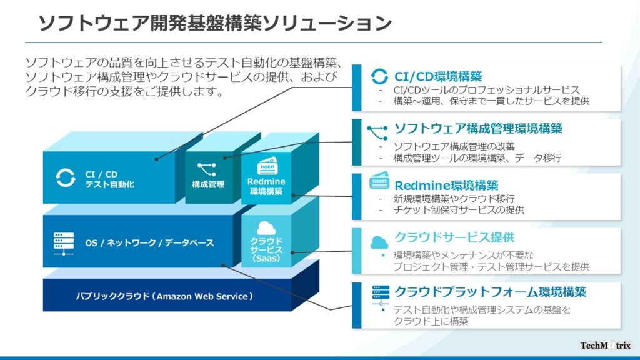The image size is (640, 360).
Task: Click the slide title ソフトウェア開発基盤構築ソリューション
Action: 215,23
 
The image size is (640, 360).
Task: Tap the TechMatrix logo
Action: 605,346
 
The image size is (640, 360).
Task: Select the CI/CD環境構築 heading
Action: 438,76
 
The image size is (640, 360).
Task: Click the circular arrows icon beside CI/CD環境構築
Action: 379,76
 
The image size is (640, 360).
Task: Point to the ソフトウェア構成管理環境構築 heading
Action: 478,129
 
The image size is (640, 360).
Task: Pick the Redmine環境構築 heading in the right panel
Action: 446,185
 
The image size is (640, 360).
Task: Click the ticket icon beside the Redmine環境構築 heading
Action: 379,181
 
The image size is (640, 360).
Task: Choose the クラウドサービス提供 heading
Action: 454,237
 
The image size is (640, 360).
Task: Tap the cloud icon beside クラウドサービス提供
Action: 379,242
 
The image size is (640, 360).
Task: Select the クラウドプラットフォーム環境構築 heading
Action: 490,292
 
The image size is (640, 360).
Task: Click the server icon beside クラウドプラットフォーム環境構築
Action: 381,295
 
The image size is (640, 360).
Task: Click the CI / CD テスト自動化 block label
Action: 109,179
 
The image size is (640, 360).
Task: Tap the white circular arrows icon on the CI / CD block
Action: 65,178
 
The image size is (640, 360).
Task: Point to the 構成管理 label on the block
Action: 208,184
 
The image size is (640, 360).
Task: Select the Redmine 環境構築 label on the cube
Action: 266,186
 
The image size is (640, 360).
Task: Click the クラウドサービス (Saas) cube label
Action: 266,249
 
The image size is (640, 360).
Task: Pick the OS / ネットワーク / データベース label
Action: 149,243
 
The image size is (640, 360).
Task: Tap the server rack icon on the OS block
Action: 64,244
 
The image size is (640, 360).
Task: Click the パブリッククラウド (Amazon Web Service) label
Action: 164,296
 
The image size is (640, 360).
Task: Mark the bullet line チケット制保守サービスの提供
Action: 459,210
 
